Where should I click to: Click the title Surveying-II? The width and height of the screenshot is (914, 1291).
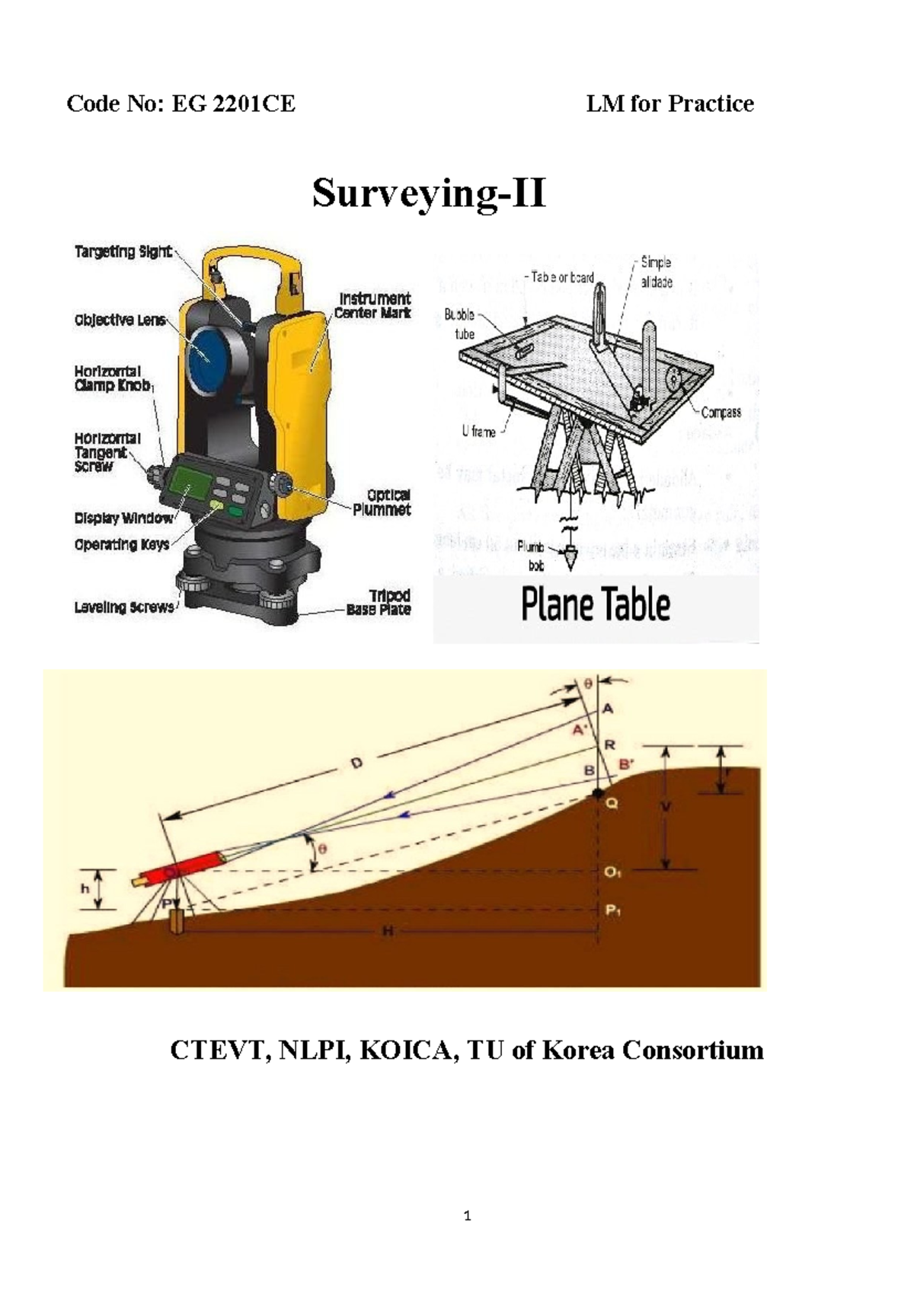pyautogui.click(x=429, y=193)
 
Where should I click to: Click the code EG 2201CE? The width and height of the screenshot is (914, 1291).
pyautogui.click(x=233, y=104)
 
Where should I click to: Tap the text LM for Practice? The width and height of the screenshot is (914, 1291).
pyautogui.click(x=670, y=104)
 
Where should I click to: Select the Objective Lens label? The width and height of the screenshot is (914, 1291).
pyautogui.click(x=120, y=320)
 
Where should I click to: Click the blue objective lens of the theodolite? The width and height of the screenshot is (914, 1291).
pyautogui.click(x=205, y=353)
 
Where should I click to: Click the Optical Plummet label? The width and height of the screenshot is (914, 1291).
pyautogui.click(x=382, y=502)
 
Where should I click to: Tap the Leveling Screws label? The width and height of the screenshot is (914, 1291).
pyautogui.click(x=123, y=607)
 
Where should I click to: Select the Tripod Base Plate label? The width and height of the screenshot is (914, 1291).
pyautogui.click(x=379, y=602)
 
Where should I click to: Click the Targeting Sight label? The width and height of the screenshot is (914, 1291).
pyautogui.click(x=123, y=252)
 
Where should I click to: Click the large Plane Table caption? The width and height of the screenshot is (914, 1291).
pyautogui.click(x=596, y=606)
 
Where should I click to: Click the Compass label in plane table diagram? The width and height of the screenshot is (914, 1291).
pyautogui.click(x=721, y=413)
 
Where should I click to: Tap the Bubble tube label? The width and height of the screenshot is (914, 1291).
pyautogui.click(x=460, y=324)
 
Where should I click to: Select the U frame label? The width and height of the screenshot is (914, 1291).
pyautogui.click(x=478, y=432)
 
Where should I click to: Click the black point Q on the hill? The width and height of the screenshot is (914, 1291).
pyautogui.click(x=598, y=795)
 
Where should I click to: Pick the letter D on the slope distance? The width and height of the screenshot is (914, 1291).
pyautogui.click(x=357, y=763)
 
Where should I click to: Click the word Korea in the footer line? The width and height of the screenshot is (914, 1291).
pyautogui.click(x=578, y=1050)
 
